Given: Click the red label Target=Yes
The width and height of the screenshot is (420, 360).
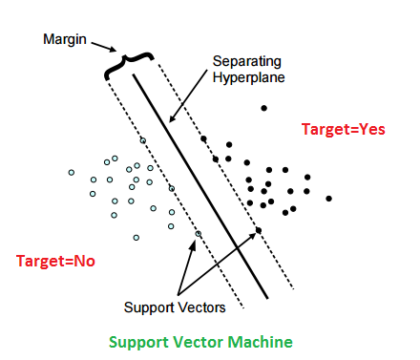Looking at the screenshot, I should pos(343,129).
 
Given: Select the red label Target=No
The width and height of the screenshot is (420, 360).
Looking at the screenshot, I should pos(55,259).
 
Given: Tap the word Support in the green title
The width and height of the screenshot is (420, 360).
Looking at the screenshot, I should pos(140,341).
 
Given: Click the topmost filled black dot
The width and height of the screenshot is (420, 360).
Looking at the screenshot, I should pos(264,107).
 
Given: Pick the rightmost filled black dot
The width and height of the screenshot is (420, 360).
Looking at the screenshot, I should pos(328,199).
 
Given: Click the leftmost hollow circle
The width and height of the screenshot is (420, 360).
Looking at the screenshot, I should pos(71,172).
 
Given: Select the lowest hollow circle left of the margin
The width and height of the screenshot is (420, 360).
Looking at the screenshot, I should pos(136,237).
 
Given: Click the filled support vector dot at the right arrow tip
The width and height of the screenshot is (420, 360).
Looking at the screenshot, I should pos(259,232).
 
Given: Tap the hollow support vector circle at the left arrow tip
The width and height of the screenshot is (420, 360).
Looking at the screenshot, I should pos(199,234).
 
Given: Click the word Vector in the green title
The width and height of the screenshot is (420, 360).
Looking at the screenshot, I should pos(203,341).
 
